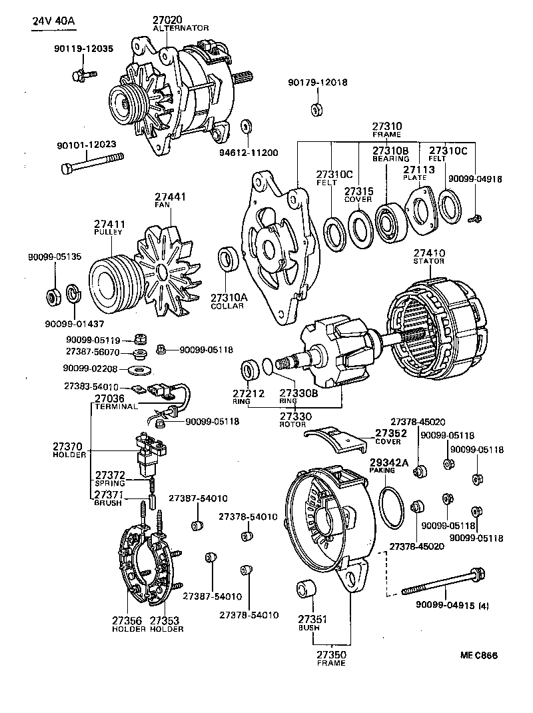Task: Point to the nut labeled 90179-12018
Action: pos(318,109)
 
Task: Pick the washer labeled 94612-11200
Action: pos(247,127)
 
